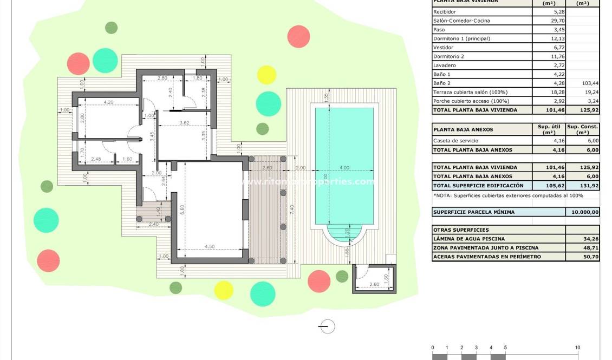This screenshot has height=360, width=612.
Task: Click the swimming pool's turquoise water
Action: (x=344, y=141)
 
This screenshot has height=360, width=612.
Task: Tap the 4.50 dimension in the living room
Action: (x=210, y=247)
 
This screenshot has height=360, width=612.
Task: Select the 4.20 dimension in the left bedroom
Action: (x=108, y=102)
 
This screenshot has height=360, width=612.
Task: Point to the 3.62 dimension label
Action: (x=184, y=123)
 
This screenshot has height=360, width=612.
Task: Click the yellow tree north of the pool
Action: (x=266, y=75)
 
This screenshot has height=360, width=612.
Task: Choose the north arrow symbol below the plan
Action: (x=327, y=326)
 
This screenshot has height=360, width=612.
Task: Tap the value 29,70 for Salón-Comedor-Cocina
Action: (x=558, y=21)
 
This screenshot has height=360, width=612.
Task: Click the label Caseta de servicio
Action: (x=455, y=141)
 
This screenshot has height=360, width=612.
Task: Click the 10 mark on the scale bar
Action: (x=577, y=348)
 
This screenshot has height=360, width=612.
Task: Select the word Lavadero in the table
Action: (x=445, y=66)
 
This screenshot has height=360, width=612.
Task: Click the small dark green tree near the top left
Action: (x=111, y=28)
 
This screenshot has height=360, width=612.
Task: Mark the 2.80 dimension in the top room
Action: (x=162, y=78)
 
